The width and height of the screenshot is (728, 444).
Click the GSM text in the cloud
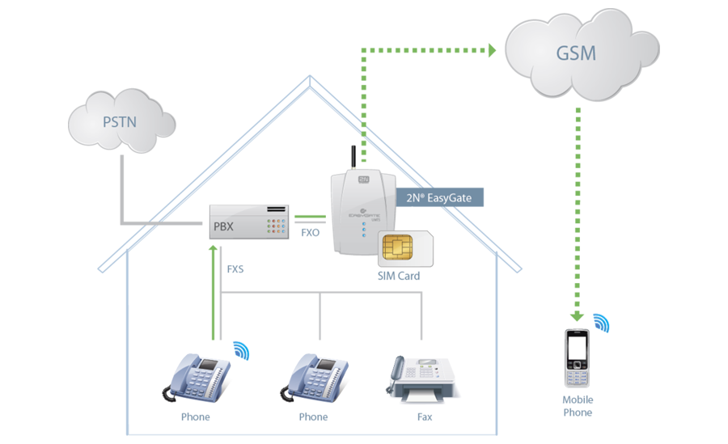tap(576, 53)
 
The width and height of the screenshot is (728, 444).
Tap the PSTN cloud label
tap(120, 122)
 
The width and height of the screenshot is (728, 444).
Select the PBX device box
tap(249, 222)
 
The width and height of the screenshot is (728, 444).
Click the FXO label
tap(310, 232)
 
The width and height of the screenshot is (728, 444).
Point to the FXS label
tap(235, 269)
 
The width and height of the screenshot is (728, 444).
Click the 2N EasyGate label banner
tap(439, 197)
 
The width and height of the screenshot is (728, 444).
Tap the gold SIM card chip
tap(397, 247)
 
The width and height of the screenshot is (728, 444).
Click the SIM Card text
tap(398, 276)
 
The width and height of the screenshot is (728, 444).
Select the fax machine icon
tap(421, 378)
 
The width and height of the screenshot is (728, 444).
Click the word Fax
tap(425, 417)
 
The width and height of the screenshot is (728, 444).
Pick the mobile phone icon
tap(577, 358)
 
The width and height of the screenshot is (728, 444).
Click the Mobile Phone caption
tap(578, 406)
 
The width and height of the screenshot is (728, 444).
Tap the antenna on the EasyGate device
tap(353, 157)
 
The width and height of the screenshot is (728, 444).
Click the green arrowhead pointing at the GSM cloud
tap(492, 50)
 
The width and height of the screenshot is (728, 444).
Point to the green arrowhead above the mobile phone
tap(577, 317)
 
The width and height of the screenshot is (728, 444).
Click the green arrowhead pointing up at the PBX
tap(213, 249)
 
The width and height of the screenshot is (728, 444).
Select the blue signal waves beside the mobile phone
tap(602, 323)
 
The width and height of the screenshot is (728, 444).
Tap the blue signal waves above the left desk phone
tap(241, 350)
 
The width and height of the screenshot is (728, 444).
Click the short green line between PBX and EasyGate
tap(310, 217)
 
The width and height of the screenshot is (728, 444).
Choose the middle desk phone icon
tap(314, 377)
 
